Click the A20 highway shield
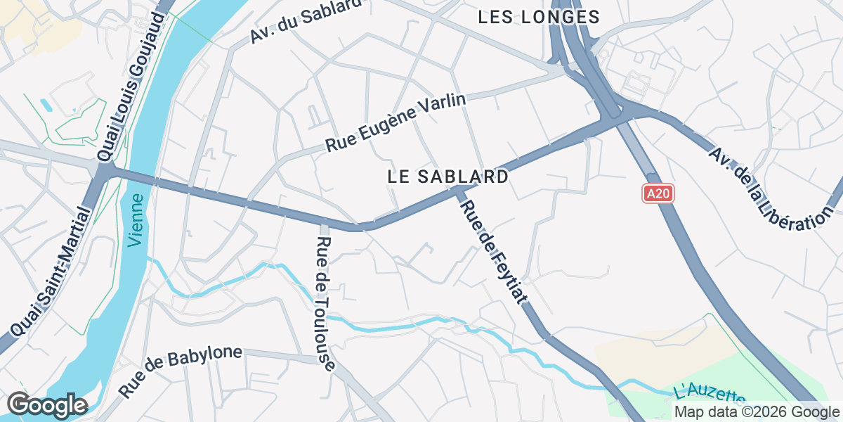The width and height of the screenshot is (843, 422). coord(658,193)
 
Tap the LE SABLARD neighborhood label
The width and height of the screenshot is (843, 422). coord(447,177)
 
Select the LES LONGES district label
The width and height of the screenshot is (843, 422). coord(539,17)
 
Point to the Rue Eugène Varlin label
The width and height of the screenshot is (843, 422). coord(396,123)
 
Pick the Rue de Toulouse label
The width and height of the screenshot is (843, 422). coord(325,302)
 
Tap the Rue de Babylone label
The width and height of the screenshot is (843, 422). coord(181,371)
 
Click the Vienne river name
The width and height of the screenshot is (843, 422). coord(136,220)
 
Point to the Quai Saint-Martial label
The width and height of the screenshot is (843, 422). coord(51,271)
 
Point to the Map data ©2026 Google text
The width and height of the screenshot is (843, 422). coord(756,412)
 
